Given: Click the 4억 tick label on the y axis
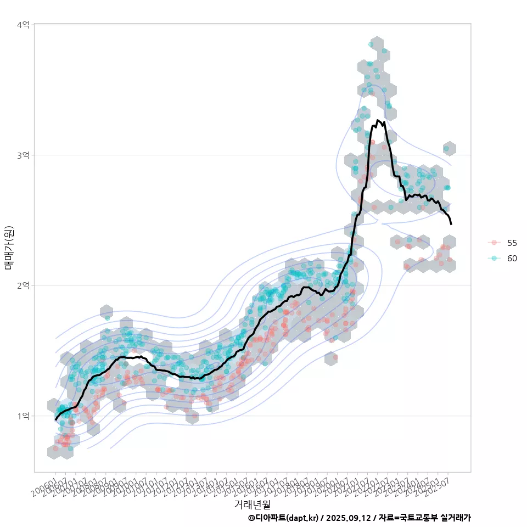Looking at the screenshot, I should tap(23, 25).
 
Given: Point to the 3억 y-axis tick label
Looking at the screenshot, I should tap(23, 155).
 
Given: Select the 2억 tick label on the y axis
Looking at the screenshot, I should tap(23, 285).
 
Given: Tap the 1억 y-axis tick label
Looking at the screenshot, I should tap(23, 416).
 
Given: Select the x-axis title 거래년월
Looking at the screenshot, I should tap(252, 504).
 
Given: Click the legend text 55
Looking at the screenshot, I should tap(512, 243).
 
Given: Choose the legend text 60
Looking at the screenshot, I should tap(512, 258).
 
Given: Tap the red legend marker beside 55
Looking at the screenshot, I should tap(494, 243).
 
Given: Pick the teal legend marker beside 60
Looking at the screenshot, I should tap(494, 258).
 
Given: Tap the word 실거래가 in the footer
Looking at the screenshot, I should tap(456, 518).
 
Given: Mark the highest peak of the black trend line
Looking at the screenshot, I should tap(378, 120).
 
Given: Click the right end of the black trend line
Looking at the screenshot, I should tap(451, 224).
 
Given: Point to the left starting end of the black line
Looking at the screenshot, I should tap(55, 419).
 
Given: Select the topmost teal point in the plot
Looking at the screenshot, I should tap(371, 44).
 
